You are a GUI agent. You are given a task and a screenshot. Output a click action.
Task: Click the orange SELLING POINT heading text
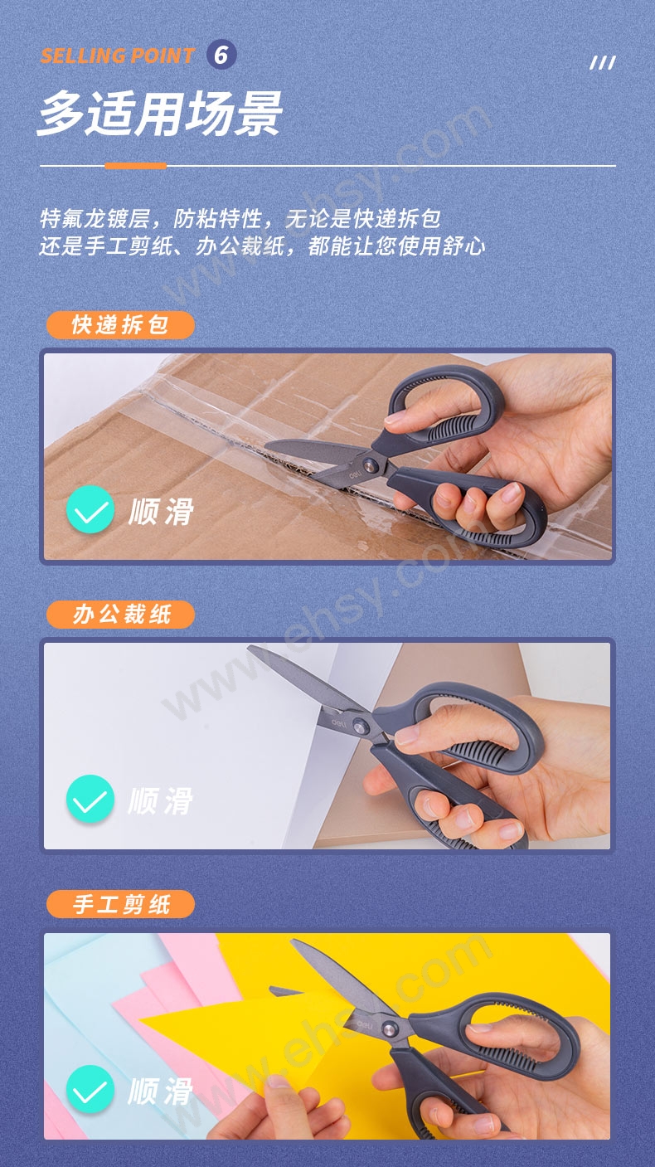click(117, 56)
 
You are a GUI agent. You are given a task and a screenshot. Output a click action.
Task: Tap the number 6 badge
click(221, 55)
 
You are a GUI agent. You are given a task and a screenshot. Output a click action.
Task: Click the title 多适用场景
click(160, 113)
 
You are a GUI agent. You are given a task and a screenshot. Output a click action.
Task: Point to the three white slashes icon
click(603, 63)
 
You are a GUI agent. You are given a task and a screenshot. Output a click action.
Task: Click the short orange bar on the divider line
click(135, 166)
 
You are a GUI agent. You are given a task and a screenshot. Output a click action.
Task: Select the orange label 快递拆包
click(120, 325)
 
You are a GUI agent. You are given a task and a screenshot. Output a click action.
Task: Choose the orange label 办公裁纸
click(120, 615)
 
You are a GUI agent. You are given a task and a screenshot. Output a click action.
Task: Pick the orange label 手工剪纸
click(120, 904)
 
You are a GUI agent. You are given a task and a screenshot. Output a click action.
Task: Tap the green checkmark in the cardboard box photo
click(90, 509)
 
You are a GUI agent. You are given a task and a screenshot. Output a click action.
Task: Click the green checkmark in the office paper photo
click(90, 799)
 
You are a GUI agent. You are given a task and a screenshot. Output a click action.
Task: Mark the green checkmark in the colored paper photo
click(90, 1089)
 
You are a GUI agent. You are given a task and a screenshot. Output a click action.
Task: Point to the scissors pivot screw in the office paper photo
click(360, 726)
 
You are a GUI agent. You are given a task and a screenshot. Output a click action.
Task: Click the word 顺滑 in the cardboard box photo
click(162, 511)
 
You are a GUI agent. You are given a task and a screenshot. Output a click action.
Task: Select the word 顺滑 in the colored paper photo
click(162, 1091)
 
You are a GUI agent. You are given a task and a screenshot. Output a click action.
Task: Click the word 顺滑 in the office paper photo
click(162, 800)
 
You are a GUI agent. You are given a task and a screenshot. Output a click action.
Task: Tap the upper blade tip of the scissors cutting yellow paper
click(293, 941)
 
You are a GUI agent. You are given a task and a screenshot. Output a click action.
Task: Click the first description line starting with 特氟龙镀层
click(240, 219)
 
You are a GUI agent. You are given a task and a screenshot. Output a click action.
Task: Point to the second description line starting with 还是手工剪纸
click(263, 246)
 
